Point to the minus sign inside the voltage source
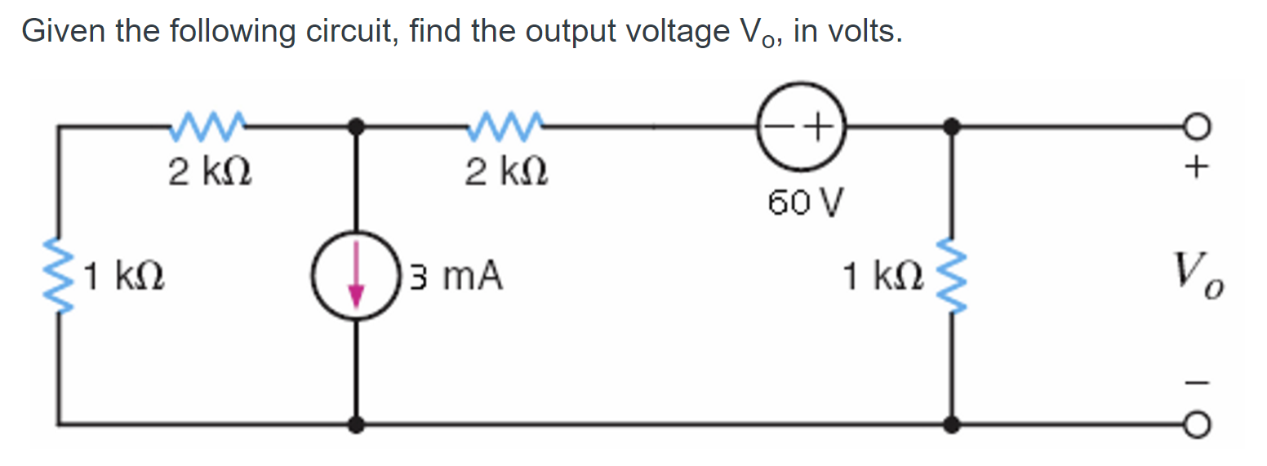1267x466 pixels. [x=776, y=126]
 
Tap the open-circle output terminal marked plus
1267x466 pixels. [x=1197, y=126]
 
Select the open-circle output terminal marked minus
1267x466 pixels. [x=1197, y=424]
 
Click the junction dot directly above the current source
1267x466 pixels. [x=356, y=126]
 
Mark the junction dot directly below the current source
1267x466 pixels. [x=356, y=424]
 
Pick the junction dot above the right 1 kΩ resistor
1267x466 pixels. [x=950, y=126]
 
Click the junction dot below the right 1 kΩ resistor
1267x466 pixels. [x=950, y=424]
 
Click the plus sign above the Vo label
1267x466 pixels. [x=1197, y=169]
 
